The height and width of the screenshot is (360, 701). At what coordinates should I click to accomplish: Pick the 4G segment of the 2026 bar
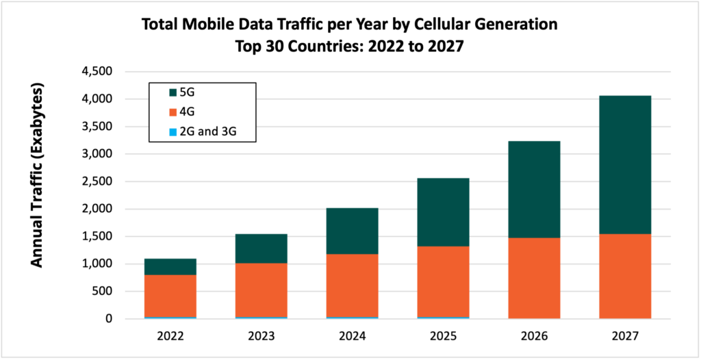(533, 278)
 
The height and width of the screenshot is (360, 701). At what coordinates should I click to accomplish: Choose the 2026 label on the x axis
(533, 337)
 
